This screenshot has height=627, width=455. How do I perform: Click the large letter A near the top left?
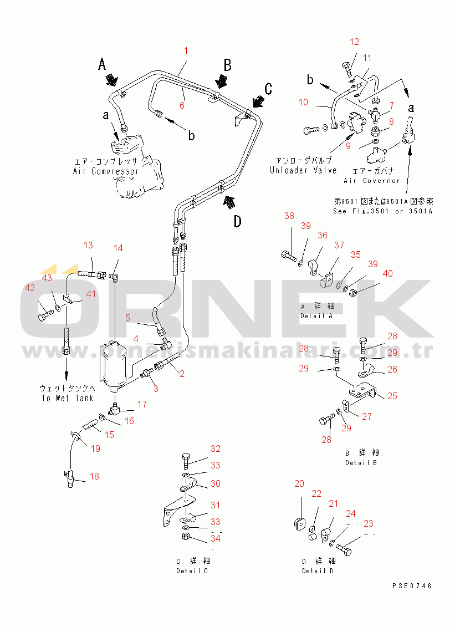click(102, 64)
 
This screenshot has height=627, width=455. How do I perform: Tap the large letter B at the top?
click(227, 65)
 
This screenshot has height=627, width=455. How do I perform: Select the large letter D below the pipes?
click(237, 222)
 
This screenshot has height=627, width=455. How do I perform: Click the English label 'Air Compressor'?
click(106, 171)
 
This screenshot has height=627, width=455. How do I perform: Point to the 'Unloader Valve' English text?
click(303, 170)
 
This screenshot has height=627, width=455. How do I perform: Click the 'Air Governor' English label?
click(371, 181)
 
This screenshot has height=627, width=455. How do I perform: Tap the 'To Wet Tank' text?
click(67, 398)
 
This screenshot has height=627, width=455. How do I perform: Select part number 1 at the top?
click(186, 50)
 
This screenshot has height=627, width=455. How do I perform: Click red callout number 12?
click(354, 42)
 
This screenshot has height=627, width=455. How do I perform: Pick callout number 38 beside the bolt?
click(289, 216)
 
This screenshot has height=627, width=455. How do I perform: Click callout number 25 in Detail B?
click(392, 396)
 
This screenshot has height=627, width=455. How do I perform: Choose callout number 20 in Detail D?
click(299, 483)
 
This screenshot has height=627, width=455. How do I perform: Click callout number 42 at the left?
click(29, 287)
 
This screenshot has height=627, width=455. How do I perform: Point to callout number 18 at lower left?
click(95, 476)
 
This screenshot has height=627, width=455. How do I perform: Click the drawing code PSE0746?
click(412, 585)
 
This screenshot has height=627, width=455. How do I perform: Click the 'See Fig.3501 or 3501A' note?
click(382, 211)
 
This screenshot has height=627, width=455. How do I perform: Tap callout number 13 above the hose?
click(89, 245)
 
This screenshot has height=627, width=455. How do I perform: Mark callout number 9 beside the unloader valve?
click(348, 146)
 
